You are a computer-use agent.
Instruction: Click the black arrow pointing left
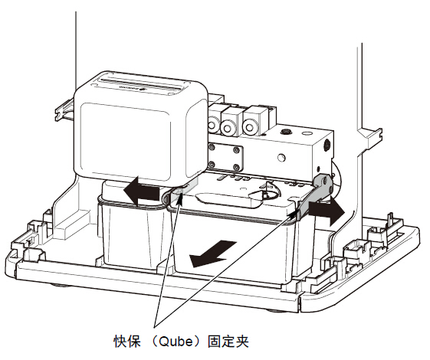pyautogui.click(x=141, y=191)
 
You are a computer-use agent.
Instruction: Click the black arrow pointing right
pyautogui.click(x=326, y=211)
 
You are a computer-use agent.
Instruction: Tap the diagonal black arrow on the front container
pyautogui.click(x=213, y=254)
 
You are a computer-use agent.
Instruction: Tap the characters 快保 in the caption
pyautogui.click(x=127, y=342)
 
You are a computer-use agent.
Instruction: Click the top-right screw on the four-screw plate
pyautogui.click(x=236, y=150)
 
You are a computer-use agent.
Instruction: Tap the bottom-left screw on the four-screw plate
pyautogui.click(x=212, y=165)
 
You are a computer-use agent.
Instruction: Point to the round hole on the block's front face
pyautogui.click(x=281, y=157)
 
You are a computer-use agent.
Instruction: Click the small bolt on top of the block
pyautogui.click(x=287, y=132)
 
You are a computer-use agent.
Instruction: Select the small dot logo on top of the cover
pyautogui.click(x=142, y=89)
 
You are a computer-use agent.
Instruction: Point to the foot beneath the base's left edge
pyautogui.click(x=58, y=286)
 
